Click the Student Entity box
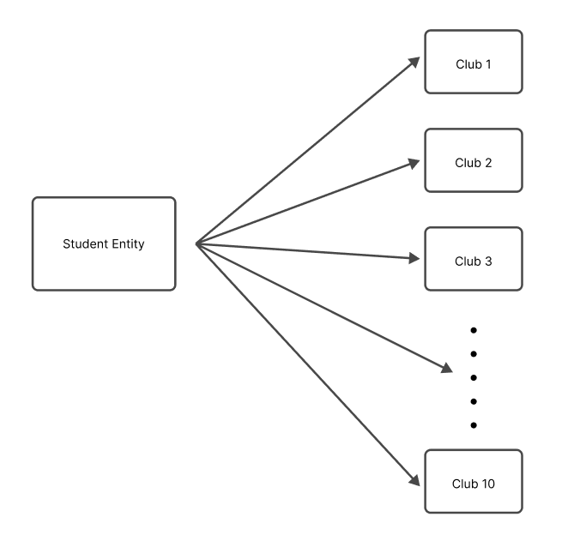(104, 243)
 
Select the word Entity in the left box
(126, 244)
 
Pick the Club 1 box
(474, 63)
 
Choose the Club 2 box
(474, 161)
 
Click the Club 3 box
(474, 260)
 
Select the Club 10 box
(474, 483)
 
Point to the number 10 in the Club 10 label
(488, 483)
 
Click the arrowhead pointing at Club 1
(414, 63)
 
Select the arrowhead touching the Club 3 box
(414, 259)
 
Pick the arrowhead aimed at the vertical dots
(445, 369)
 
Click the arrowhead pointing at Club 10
(414, 481)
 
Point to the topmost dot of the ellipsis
(474, 329)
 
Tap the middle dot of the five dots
(474, 377)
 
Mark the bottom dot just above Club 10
(474, 425)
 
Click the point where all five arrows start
(196, 244)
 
